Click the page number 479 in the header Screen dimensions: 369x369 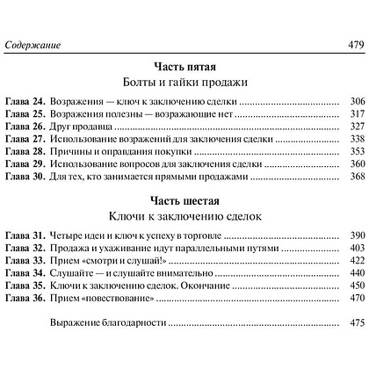point(351,47)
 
